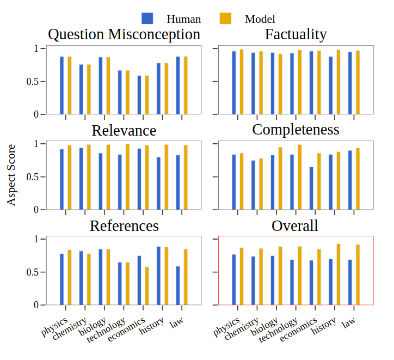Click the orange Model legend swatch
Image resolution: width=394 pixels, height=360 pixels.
coord(225,19)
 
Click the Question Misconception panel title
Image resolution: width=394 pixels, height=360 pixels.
coord(124,35)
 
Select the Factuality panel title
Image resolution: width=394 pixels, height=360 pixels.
coord(295,35)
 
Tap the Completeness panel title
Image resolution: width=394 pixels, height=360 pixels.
coord(295,130)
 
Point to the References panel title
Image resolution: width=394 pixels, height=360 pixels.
coord(124,225)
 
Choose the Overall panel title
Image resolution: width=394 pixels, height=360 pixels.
coord(295,225)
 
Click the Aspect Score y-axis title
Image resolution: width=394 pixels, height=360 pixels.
coord(11,175)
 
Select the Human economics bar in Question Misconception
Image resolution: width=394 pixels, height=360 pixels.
coord(139,95)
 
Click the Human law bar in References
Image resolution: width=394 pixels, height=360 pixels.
coord(178,285)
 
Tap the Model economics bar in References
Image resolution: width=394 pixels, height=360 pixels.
coord(147,286)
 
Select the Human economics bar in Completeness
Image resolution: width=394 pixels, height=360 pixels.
coord(311,188)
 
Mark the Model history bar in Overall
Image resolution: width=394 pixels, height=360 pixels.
coord(338,274)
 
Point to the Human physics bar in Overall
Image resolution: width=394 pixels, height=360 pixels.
coord(234,279)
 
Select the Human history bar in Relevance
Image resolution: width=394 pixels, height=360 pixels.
coord(159,184)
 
